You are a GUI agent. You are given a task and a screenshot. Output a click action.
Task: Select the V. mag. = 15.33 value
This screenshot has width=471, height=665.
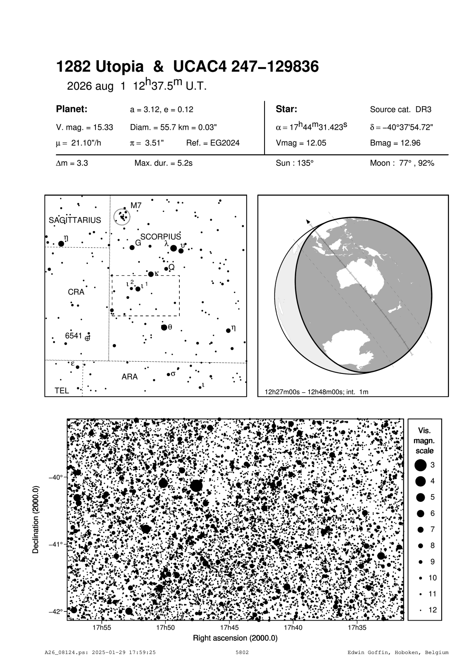[84, 128]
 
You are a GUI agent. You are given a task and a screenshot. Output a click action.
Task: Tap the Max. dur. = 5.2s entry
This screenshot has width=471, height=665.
[163, 163]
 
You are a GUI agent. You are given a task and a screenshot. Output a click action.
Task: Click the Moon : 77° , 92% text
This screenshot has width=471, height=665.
[402, 163]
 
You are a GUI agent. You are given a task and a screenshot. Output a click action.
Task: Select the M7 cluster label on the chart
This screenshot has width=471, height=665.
[136, 205]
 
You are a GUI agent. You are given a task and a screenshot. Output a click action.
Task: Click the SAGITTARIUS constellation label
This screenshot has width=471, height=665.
[75, 220]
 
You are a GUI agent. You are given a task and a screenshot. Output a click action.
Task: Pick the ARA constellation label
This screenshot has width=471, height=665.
[130, 377]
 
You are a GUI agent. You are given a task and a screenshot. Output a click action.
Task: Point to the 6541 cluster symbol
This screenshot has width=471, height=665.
[87, 338]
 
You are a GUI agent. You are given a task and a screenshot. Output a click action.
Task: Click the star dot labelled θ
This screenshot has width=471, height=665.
[164, 327]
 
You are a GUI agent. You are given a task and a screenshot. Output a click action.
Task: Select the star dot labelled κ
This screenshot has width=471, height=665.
[151, 274]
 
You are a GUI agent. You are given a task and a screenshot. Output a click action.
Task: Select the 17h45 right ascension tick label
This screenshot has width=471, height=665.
[229, 627]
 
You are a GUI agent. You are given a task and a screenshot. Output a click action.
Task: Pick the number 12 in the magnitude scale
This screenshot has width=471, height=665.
[433, 610]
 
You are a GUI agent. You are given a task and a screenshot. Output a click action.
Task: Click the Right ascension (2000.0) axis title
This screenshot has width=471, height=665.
[235, 638]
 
